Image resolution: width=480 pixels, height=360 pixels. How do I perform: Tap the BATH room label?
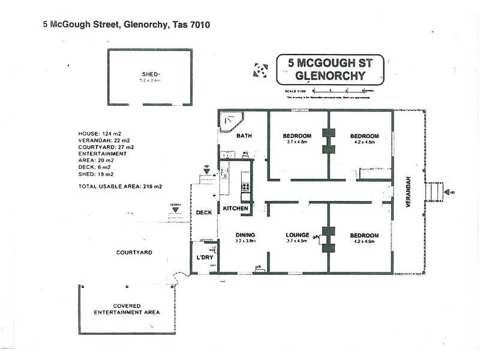coord(244,136)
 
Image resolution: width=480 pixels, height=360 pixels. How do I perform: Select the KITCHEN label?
coord(236,208)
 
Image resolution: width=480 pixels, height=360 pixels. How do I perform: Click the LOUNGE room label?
coord(297,235)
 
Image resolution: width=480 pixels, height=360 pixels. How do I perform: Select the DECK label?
coord(204,212)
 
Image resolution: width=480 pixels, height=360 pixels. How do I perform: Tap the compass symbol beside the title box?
coord(260,70)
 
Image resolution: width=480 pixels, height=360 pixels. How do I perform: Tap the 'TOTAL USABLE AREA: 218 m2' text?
coord(121,187)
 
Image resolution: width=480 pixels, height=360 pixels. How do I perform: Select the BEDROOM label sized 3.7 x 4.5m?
coord(297,136)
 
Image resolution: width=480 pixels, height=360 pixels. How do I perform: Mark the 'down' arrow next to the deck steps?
coord(175,209)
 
